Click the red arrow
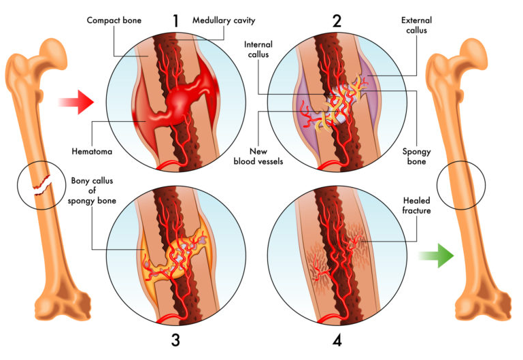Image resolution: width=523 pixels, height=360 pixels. click(75, 103)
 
